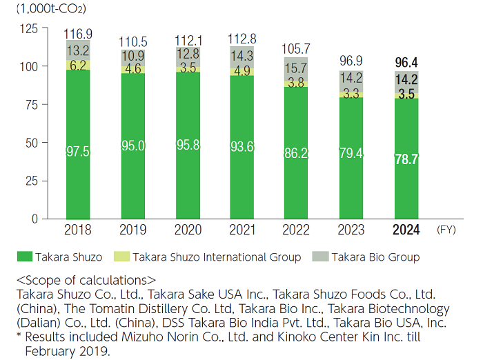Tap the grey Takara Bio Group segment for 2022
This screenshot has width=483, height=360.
tap(295, 68)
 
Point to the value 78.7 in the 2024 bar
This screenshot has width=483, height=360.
tap(406, 159)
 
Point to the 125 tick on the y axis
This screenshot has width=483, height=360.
tap(30, 28)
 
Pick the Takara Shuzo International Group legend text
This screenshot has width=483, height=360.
tap(217, 257)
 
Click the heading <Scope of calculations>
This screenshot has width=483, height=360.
tap(86, 280)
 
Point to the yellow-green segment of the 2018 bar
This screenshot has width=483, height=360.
tap(78, 65)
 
